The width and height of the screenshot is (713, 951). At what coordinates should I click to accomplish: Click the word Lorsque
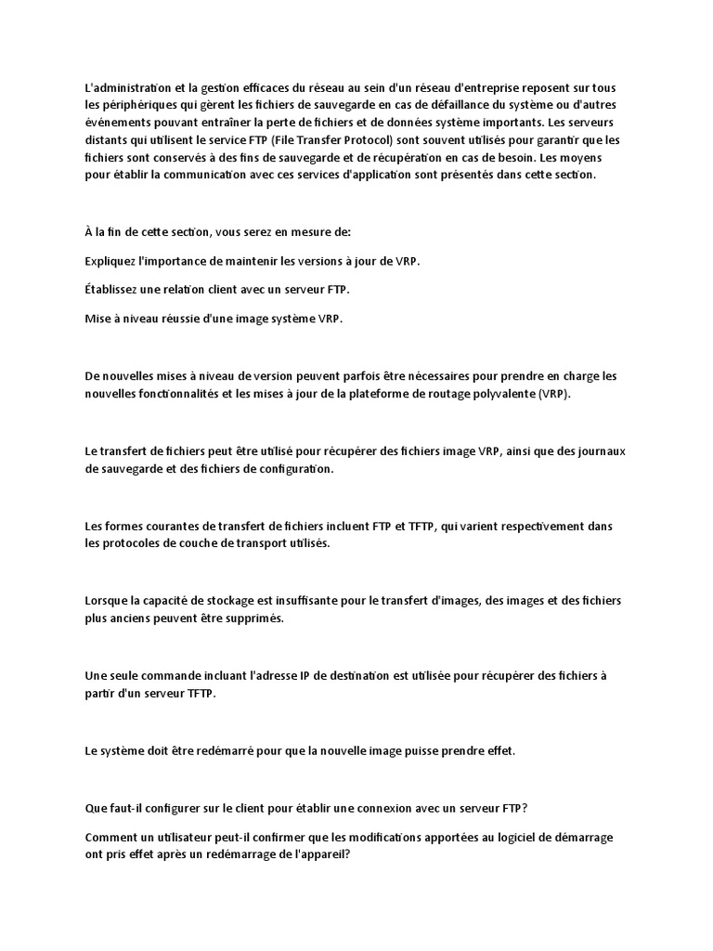(106, 601)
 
